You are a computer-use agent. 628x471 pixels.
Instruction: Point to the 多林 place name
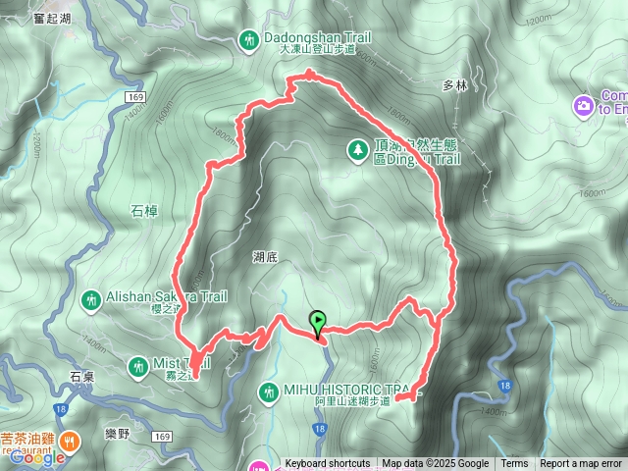[x=454, y=85]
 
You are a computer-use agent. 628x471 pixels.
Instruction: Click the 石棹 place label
[x=143, y=210]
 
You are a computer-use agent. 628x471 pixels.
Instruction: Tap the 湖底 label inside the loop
[x=266, y=257]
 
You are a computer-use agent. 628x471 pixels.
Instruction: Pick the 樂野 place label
[x=116, y=432]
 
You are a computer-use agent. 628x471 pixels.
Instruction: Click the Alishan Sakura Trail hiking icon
[x=91, y=298]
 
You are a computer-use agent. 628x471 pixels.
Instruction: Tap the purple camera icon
[x=583, y=103]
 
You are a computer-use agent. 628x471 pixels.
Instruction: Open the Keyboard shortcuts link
[x=328, y=464]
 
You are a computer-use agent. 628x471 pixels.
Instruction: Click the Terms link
[x=514, y=464]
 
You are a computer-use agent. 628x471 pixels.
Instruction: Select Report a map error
[x=581, y=464]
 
